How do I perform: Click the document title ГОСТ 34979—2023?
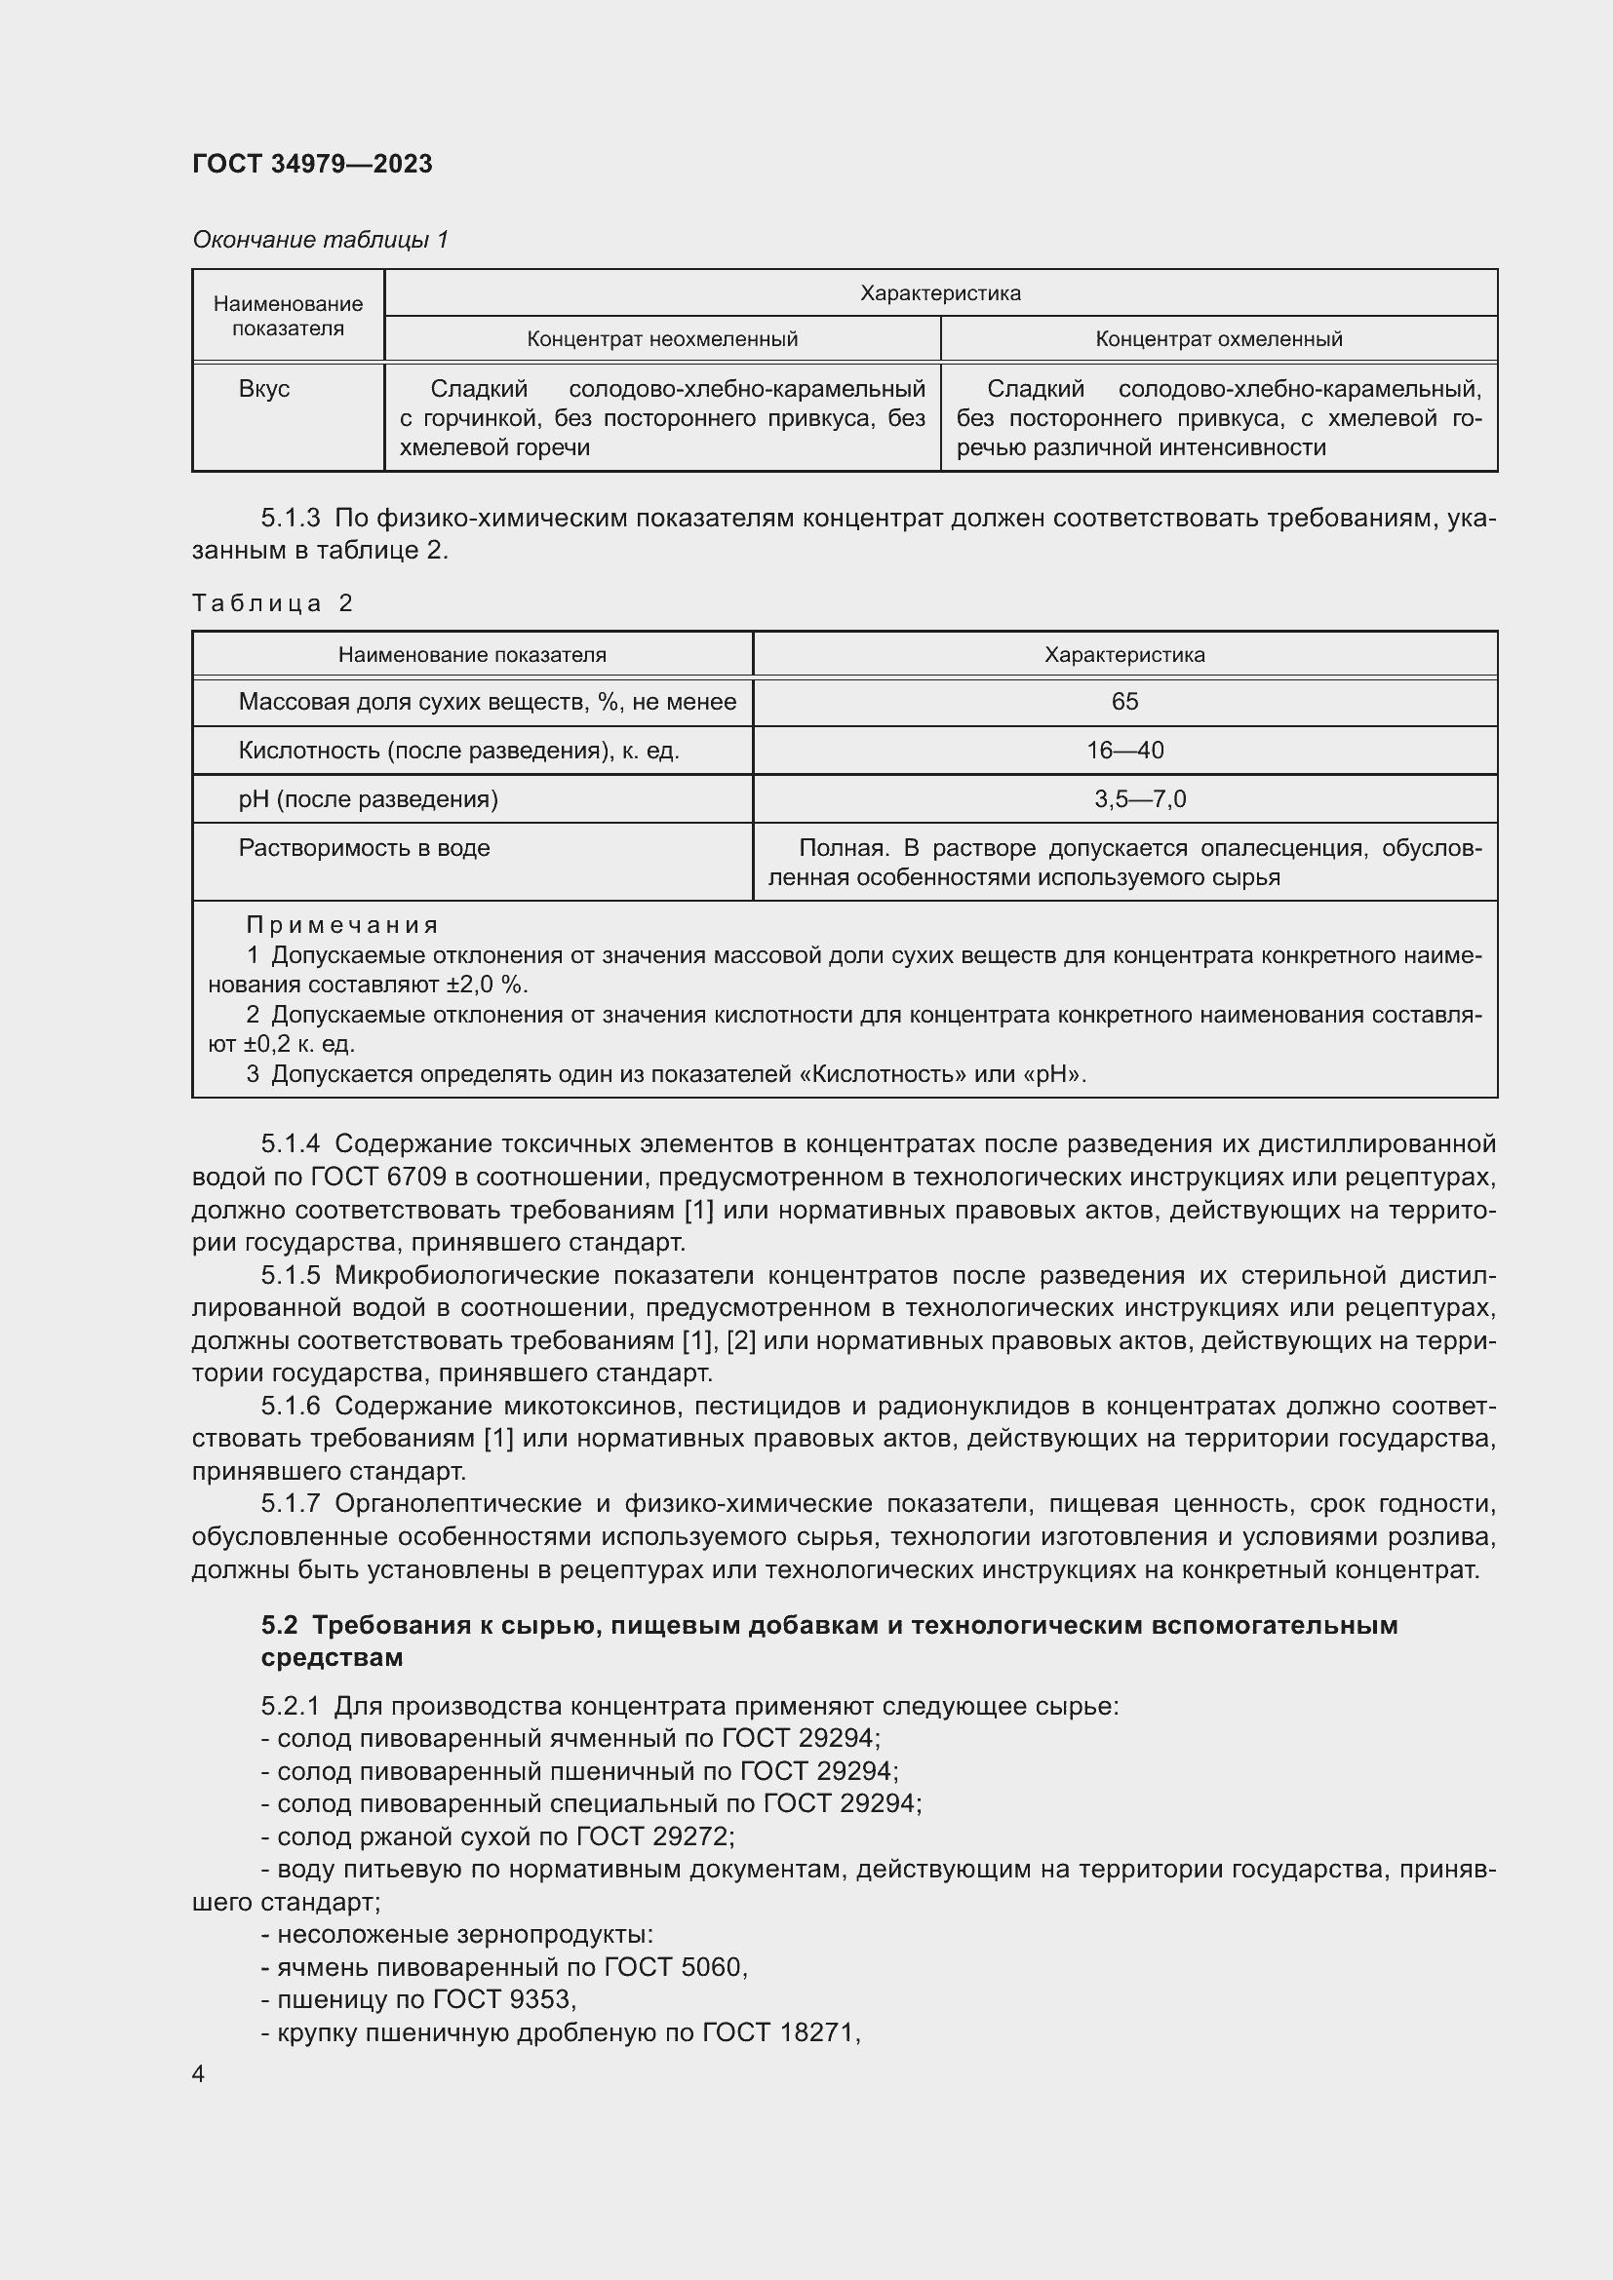312,164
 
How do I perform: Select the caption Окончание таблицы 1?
320,240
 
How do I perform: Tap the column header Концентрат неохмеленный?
661,339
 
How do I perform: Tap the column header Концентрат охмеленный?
1218,339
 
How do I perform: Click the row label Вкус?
263,389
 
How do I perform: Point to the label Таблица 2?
272,602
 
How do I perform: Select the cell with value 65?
1124,702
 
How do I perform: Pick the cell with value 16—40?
1124,751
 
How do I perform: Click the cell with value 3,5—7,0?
1139,799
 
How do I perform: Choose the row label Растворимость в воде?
364,848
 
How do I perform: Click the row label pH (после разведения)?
368,799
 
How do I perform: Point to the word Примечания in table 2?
341,925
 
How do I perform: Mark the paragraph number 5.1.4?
290,1144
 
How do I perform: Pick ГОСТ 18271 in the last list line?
780,2032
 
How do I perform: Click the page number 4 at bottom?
198,2093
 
